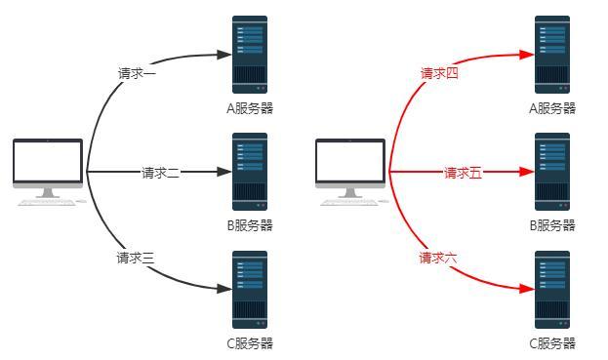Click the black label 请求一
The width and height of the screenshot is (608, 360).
(137, 73)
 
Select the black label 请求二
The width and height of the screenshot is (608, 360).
(160, 173)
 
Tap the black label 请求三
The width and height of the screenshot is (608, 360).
(137, 258)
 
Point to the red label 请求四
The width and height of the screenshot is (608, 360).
(439, 73)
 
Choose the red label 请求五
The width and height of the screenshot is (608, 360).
(463, 173)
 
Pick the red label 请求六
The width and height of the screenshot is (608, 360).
(439, 258)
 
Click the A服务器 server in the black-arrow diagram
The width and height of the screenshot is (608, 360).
(250, 54)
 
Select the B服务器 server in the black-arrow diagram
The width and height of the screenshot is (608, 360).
(250, 173)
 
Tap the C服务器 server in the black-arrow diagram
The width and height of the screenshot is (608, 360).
(250, 290)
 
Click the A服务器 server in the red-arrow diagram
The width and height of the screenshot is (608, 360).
(552, 54)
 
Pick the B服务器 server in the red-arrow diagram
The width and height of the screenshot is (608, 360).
(552, 173)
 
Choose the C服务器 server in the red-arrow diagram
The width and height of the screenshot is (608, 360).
(552, 290)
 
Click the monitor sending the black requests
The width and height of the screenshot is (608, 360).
(48, 168)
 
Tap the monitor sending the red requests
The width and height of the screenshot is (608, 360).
(350, 168)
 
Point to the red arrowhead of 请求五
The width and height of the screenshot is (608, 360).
(528, 173)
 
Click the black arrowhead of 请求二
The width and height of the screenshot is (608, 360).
(225, 173)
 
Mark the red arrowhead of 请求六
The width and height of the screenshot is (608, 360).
(528, 289)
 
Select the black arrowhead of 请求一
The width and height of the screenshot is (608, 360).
(225, 54)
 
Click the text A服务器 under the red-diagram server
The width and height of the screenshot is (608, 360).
(552, 108)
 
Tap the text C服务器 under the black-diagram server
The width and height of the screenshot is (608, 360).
(250, 343)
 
